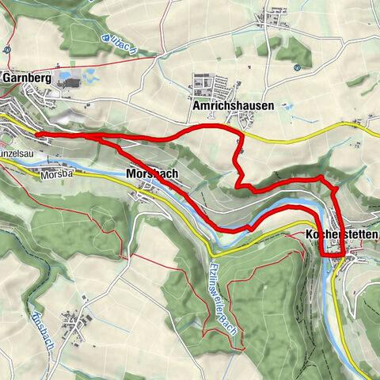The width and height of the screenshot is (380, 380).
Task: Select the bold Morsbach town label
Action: (x=150, y=173)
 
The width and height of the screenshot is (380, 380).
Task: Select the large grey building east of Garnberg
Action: (x=69, y=83)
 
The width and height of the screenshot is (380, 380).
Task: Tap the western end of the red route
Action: (x=38, y=135)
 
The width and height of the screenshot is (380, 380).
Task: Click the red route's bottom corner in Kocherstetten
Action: (x=324, y=256)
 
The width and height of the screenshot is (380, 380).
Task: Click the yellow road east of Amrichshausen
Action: (x=317, y=132)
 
